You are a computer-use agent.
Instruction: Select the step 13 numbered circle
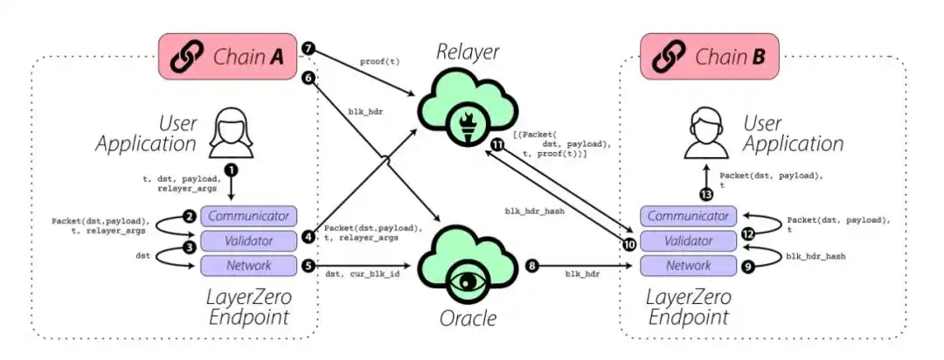[707, 194]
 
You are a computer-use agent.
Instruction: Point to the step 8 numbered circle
[532, 265]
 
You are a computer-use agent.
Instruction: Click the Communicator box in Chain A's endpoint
[249, 216]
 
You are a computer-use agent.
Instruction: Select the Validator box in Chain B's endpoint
[688, 241]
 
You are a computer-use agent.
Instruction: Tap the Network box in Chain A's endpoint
[249, 265]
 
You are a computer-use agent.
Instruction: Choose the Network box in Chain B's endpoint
[688, 265]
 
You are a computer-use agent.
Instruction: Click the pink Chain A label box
[227, 57]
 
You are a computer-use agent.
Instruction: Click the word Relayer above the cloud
[468, 52]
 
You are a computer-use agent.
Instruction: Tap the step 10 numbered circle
[629, 244]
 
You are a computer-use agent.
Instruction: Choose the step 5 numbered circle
[309, 265]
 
